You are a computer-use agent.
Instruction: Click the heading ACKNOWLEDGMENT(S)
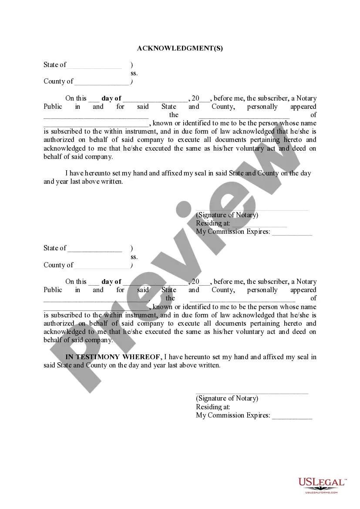click(180, 48)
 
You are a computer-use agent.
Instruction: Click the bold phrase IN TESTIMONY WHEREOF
click(113, 357)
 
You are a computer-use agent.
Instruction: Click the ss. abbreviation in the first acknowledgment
click(134, 73)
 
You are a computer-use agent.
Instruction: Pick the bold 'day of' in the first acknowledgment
click(111, 98)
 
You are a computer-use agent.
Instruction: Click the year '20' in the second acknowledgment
click(195, 282)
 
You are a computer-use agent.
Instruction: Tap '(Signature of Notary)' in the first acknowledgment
click(227, 215)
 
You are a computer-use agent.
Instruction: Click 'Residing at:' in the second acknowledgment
click(213, 407)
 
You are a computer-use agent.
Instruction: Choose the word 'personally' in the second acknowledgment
click(262, 290)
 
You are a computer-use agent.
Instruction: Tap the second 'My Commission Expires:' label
click(233, 415)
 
